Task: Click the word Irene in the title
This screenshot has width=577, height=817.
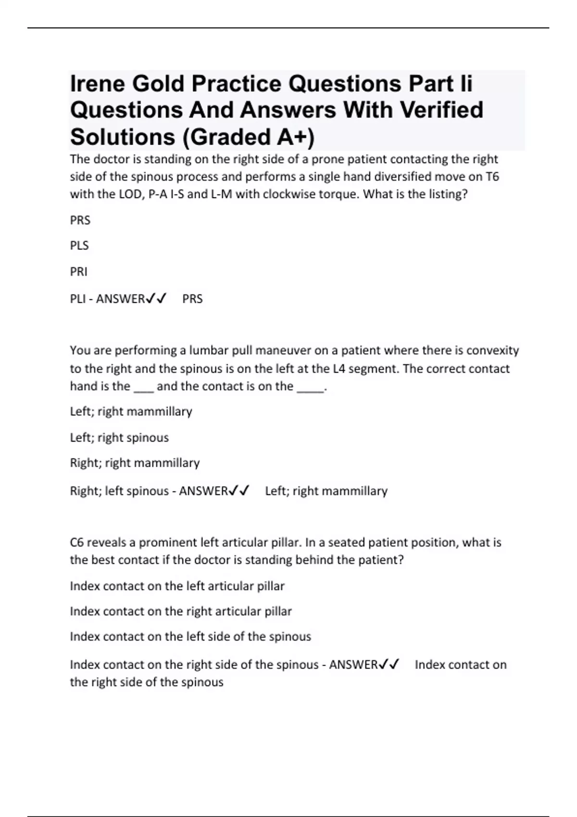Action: coord(97,84)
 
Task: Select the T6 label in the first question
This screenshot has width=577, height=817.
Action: coord(492,177)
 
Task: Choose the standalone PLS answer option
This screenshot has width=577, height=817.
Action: coord(79,246)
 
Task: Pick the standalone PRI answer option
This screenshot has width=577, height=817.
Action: coord(79,272)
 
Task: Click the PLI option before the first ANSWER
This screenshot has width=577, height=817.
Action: coord(77,299)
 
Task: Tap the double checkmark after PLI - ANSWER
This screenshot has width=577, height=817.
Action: coord(156,299)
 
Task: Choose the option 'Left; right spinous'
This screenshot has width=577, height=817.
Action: coord(119,438)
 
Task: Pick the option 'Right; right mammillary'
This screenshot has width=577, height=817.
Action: coord(135,463)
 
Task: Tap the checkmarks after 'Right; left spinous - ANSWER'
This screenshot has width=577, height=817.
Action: coord(239,491)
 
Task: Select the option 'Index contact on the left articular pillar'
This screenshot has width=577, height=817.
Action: coord(177,586)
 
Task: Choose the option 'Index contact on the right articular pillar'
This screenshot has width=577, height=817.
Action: coord(181,611)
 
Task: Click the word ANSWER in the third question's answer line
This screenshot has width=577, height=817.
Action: coord(353,665)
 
